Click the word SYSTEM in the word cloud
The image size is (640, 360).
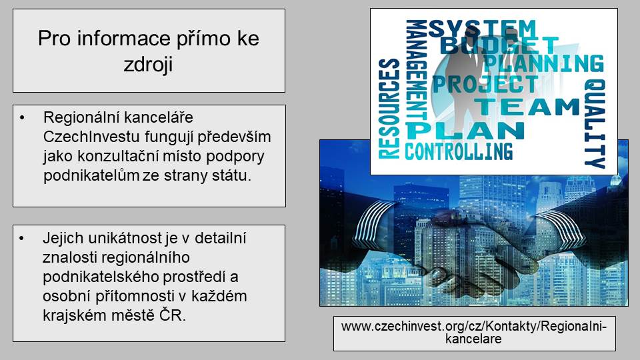pyautogui.click(x=481, y=29)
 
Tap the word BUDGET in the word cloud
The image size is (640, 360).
pyautogui.click(x=499, y=45)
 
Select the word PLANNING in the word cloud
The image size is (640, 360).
pyautogui.click(x=543, y=63)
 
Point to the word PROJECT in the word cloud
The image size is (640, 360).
pyautogui.click(x=485, y=84)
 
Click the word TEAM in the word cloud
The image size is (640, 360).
pyautogui.click(x=527, y=107)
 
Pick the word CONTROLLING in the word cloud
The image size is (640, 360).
pyautogui.click(x=459, y=151)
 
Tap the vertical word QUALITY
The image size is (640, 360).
pyautogui.click(x=595, y=124)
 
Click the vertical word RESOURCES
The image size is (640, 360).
pyautogui.click(x=389, y=109)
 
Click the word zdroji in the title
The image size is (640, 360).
pyautogui.click(x=148, y=65)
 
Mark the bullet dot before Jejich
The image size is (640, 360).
pyautogui.click(x=21, y=239)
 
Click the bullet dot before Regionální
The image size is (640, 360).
pyautogui.click(x=21, y=118)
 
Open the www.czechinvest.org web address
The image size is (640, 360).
pyautogui.click(x=474, y=333)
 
